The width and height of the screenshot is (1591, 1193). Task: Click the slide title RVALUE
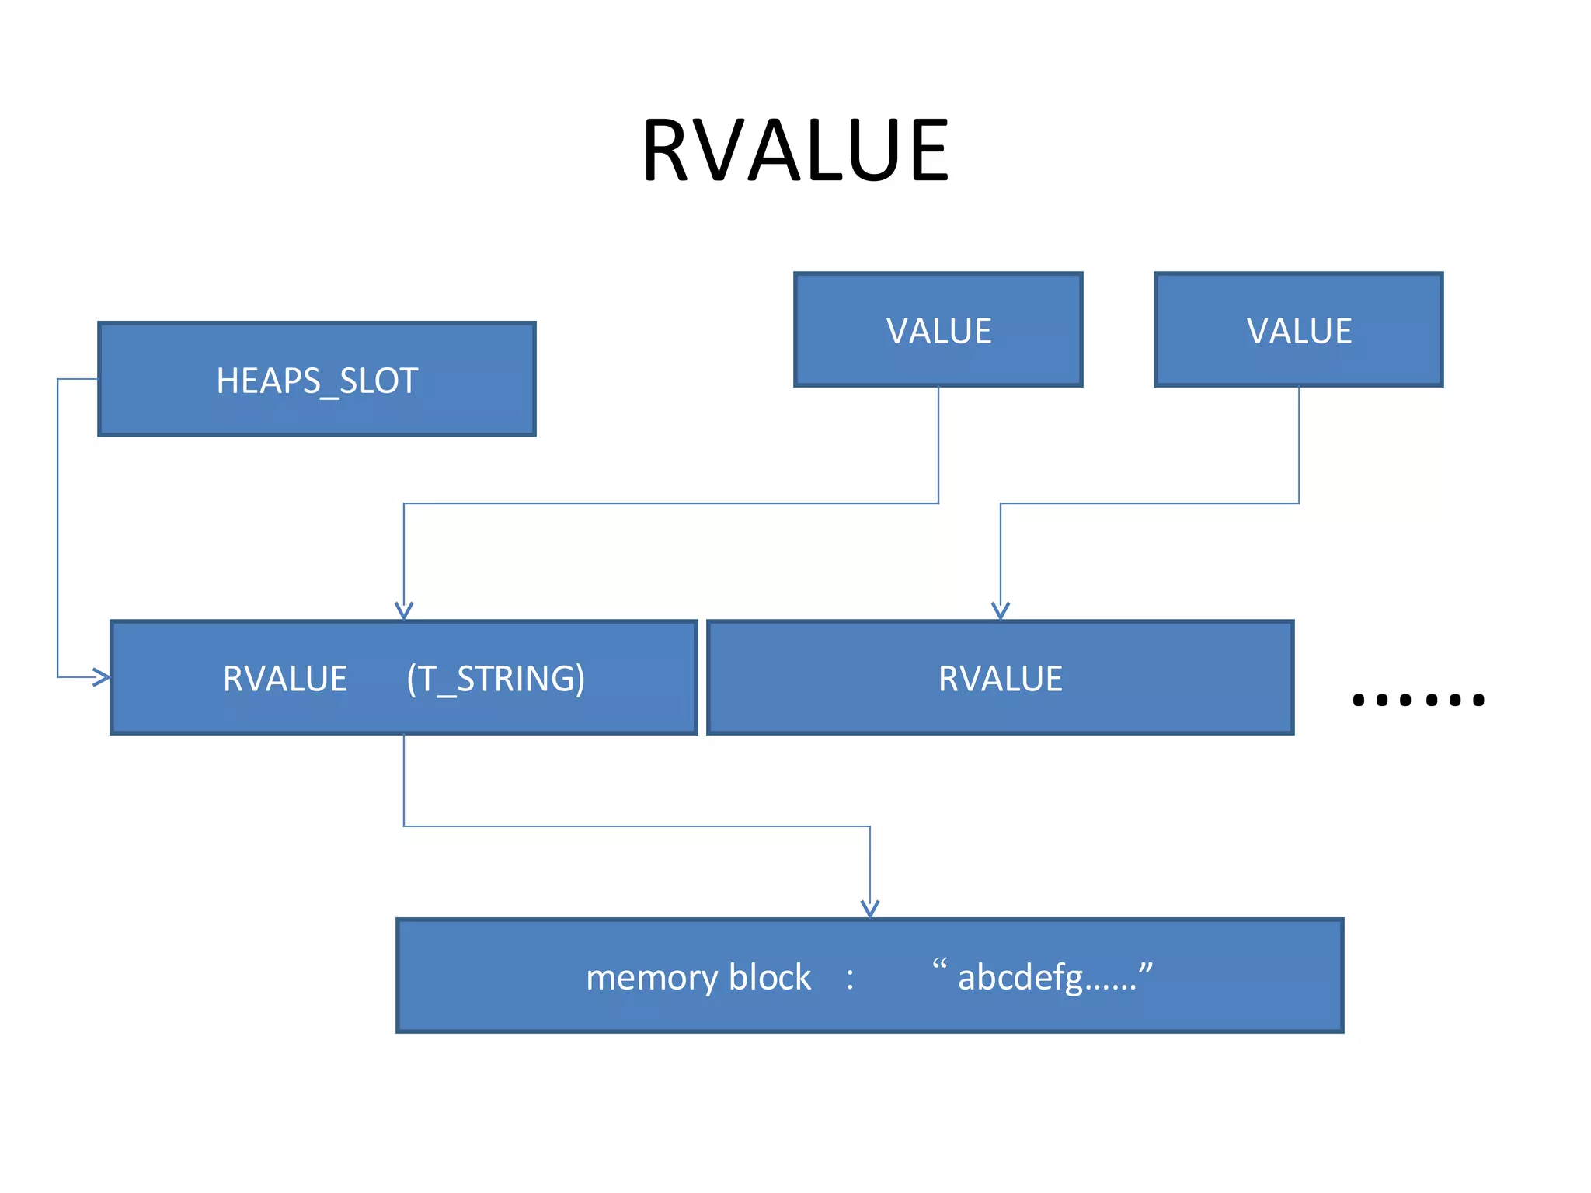tap(795, 150)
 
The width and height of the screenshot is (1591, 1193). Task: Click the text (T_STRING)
tap(496, 679)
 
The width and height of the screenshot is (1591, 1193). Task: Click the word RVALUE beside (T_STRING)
tap(284, 679)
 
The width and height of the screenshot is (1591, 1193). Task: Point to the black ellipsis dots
tap(1419, 700)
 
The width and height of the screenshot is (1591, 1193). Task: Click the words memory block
tap(698, 977)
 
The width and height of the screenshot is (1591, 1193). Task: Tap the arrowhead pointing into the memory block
tap(870, 909)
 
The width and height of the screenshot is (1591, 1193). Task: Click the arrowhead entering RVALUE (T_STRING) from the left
tap(100, 677)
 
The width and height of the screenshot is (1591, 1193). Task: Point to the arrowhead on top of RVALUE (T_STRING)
tap(404, 610)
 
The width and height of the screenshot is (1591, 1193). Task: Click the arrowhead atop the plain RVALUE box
tap(1001, 610)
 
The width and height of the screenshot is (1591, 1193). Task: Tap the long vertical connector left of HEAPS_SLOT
tap(57, 528)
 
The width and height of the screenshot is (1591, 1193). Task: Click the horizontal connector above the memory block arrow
tap(637, 826)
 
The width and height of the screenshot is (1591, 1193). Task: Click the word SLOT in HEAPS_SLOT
tap(379, 381)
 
